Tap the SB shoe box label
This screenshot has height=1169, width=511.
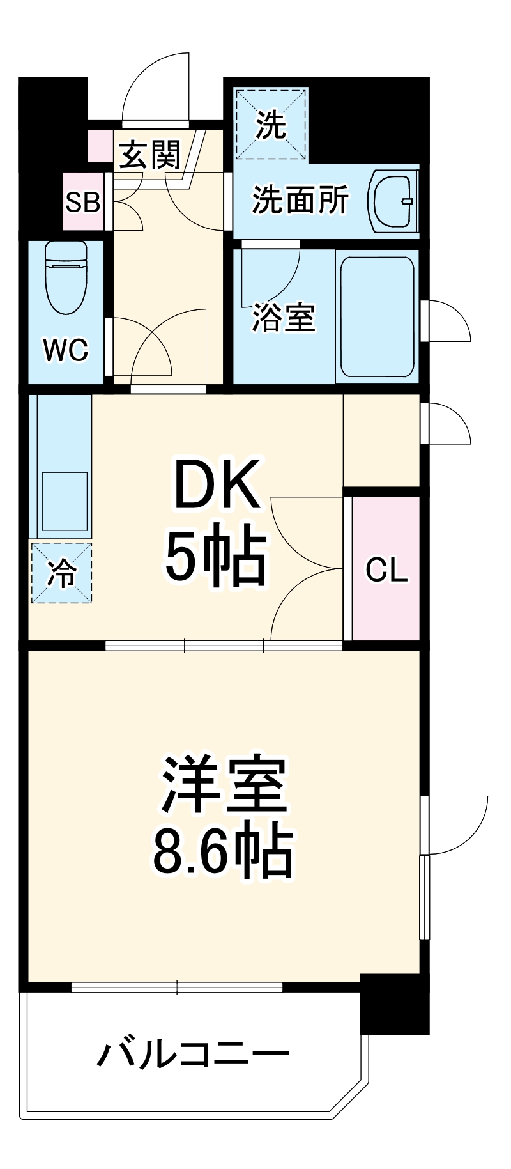83,202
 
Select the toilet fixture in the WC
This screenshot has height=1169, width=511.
66,277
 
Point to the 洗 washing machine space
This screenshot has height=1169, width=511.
271,125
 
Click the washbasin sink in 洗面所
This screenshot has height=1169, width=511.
392,200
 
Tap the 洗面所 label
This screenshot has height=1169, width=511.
300,201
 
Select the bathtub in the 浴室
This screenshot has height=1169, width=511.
377,317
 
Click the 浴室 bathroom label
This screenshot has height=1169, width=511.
284,318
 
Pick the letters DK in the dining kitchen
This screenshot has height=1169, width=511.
217,484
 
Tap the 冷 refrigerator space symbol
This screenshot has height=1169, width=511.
62,573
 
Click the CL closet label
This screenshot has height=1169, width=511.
386,569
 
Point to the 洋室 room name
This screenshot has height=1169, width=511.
222,786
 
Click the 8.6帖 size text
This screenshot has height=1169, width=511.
222,852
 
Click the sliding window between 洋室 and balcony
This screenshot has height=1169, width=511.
177,987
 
